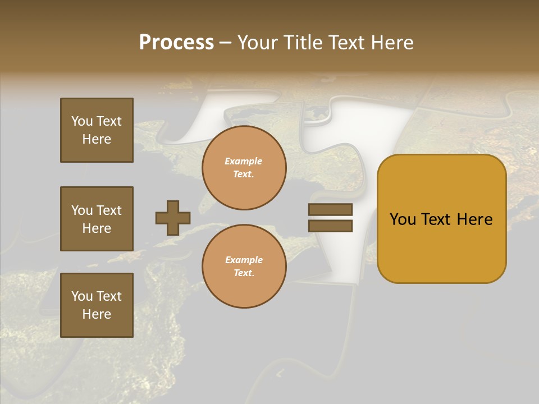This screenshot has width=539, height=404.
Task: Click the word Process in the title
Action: [x=176, y=43]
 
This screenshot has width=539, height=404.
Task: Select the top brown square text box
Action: [x=97, y=130]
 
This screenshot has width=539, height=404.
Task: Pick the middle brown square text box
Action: [x=97, y=219]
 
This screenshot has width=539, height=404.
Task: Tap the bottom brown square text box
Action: [x=97, y=305]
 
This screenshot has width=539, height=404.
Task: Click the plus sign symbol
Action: [x=173, y=218]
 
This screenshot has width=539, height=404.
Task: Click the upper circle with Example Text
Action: [x=244, y=168]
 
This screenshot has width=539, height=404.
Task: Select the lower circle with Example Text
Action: [x=244, y=267]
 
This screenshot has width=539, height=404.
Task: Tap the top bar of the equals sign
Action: [x=330, y=210]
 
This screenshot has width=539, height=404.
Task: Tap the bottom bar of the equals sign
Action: [x=330, y=226]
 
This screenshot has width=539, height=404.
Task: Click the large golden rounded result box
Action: [x=441, y=219]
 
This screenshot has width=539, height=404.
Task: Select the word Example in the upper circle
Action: [x=244, y=161]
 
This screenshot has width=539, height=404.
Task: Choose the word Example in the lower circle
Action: [x=244, y=260]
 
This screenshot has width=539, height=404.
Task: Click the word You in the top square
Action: [x=82, y=121]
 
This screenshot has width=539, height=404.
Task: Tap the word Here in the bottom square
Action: [x=97, y=314]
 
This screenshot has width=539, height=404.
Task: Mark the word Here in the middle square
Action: [x=97, y=228]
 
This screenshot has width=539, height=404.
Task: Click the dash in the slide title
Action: [x=226, y=43]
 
